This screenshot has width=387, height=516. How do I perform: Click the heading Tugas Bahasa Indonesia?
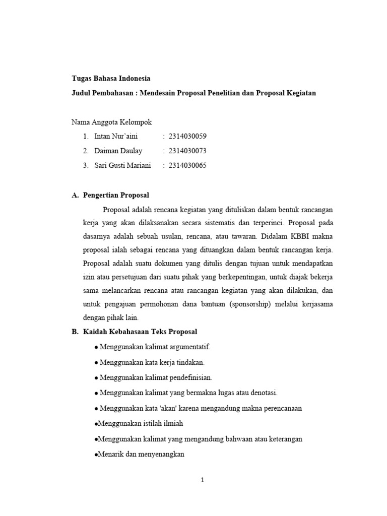click(110, 79)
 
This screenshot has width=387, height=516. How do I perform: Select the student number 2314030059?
click(187, 136)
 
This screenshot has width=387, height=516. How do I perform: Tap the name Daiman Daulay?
click(118, 151)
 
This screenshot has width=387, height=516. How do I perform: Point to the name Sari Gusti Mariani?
click(122, 165)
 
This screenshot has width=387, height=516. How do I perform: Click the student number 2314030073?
click(187, 151)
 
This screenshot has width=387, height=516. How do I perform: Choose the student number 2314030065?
click(187, 165)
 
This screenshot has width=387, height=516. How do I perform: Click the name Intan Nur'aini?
click(115, 136)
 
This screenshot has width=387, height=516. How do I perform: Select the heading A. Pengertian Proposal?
click(110, 195)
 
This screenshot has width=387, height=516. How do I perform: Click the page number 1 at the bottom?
click(202, 480)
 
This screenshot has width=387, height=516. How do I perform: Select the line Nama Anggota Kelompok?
click(111, 121)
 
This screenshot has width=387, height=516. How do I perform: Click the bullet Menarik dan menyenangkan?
click(141, 454)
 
